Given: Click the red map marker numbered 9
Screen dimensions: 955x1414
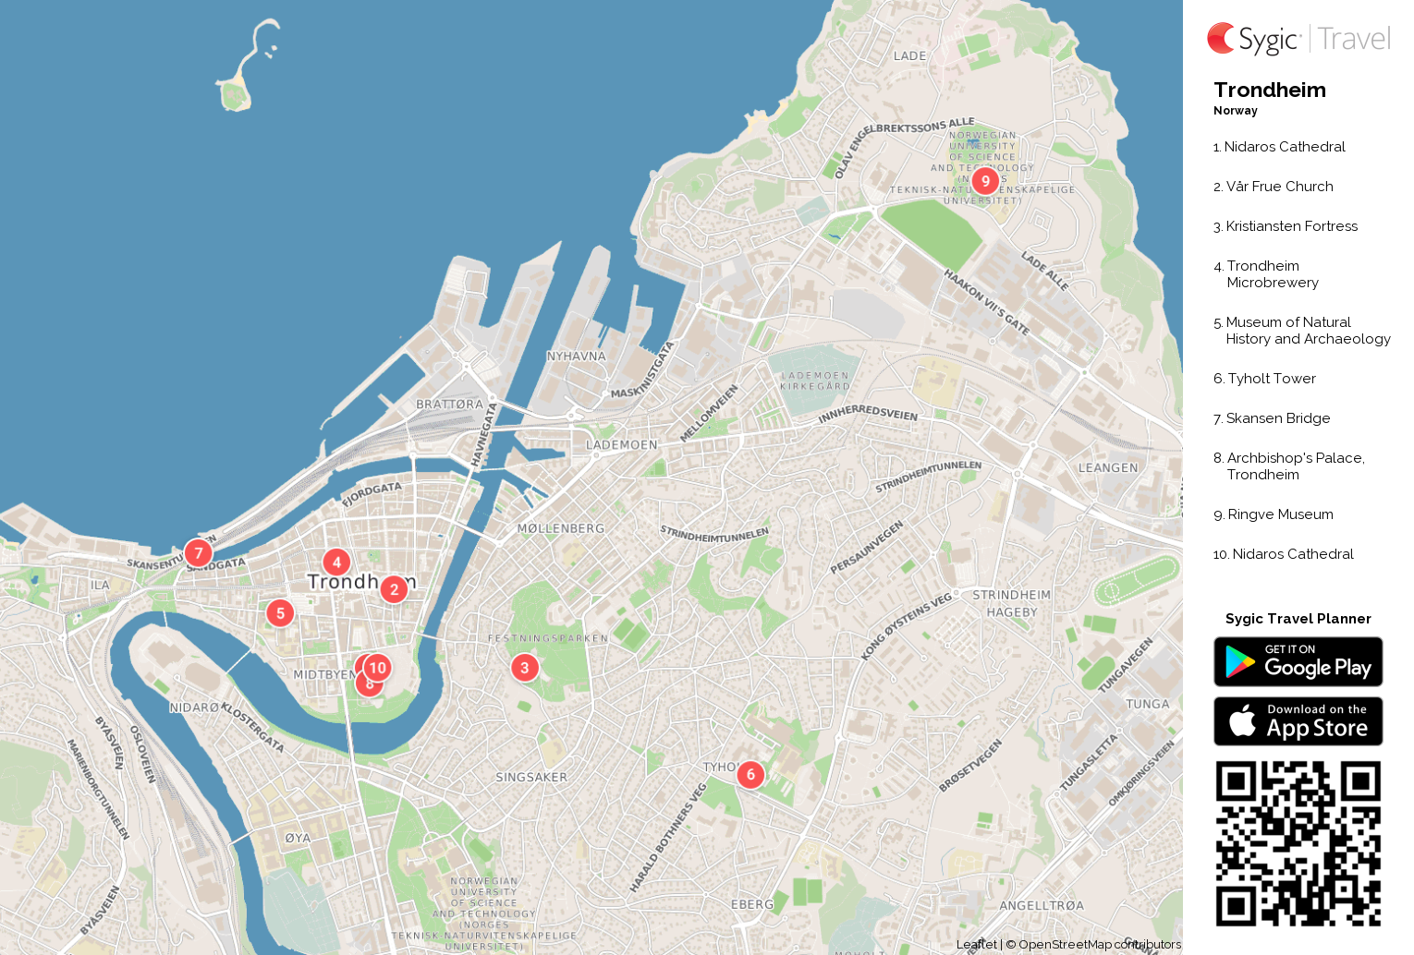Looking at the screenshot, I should click(985, 181).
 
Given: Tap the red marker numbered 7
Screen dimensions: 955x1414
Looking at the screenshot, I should click(198, 553).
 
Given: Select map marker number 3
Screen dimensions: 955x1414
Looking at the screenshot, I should click(525, 667).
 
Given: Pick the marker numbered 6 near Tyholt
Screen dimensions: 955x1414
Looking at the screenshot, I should click(750, 774).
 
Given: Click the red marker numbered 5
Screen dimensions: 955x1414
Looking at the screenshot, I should click(280, 612).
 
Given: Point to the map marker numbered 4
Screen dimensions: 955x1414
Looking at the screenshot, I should click(336, 562).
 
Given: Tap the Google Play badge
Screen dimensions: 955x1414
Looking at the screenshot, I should click(1298, 662).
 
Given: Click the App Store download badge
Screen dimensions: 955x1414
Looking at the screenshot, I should click(1298, 721).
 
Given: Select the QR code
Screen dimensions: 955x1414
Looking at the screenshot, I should click(1298, 843).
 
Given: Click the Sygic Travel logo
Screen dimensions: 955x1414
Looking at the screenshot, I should click(1298, 39).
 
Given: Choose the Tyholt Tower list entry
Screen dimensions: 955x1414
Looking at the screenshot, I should click(1271, 379).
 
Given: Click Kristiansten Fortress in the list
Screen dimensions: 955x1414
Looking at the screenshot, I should click(1291, 226).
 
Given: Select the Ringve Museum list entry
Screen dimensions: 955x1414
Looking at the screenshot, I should click(1280, 514).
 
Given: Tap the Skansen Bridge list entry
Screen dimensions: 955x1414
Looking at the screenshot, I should click(1277, 418).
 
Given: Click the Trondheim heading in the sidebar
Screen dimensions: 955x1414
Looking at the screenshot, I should click(1270, 91).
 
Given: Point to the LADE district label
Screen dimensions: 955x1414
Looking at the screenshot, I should click(909, 56).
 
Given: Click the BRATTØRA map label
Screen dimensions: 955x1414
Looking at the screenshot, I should click(449, 405).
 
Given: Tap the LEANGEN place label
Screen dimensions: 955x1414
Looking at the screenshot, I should click(1108, 468).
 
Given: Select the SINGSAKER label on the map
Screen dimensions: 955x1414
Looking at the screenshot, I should click(531, 778).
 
